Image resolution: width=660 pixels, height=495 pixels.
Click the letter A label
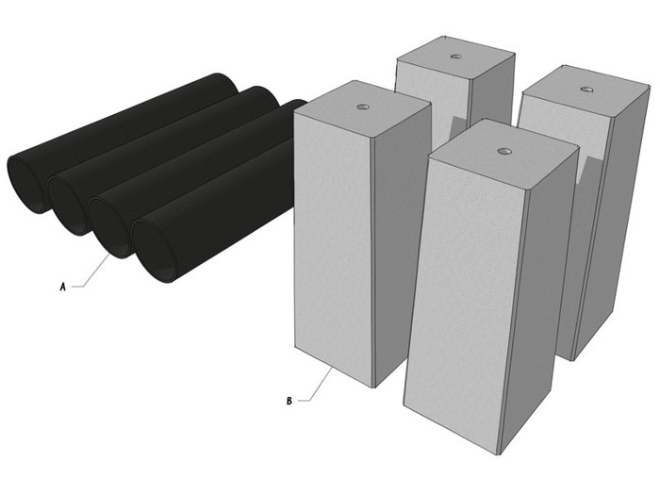(x=63, y=287)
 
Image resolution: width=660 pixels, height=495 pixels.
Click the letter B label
(x=289, y=401)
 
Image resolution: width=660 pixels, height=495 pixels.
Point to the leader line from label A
(x=91, y=272)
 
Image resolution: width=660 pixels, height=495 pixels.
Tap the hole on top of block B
(x=362, y=107)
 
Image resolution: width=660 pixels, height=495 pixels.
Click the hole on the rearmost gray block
(x=454, y=56)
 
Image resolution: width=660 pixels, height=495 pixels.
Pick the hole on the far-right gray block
(x=586, y=90)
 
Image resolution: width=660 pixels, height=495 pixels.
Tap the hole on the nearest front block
(x=503, y=151)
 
